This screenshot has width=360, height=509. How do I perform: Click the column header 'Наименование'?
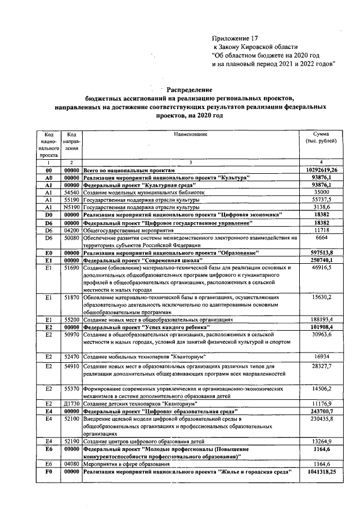190,134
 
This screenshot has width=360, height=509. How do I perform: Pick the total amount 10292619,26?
321,170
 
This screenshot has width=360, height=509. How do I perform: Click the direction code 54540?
71,192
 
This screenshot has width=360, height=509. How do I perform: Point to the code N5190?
71,206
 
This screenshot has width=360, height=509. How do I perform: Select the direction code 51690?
71,268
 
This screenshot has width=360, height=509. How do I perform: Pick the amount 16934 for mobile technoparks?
321,357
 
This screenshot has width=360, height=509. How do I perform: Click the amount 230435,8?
321,418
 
